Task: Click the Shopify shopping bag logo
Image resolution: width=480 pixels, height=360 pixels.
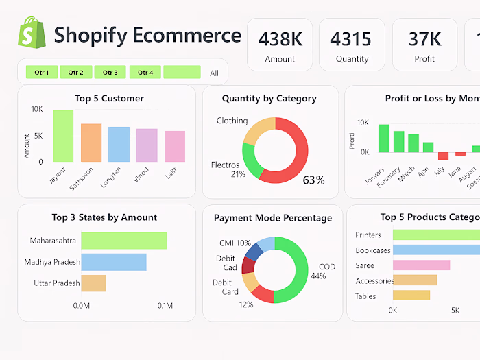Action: click(32, 34)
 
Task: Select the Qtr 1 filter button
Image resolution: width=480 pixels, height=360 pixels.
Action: click(41, 72)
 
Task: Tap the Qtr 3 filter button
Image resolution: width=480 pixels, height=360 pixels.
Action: click(110, 72)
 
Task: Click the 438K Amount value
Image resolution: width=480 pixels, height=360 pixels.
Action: click(280, 39)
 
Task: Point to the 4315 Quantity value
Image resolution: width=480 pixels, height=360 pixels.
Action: click(350, 39)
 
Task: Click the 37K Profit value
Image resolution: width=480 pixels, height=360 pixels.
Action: click(424, 39)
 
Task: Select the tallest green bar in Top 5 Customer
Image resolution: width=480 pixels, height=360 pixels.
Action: click(63, 136)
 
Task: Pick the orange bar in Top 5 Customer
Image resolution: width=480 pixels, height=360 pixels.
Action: click(91, 143)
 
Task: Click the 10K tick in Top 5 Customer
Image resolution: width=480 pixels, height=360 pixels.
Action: click(37, 109)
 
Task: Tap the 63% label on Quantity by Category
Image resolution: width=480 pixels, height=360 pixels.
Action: click(313, 180)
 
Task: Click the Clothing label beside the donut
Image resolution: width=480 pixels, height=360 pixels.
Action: click(232, 121)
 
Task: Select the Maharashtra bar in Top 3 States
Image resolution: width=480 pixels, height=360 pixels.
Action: click(123, 241)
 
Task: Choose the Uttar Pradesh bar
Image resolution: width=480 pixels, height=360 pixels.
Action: click(93, 283)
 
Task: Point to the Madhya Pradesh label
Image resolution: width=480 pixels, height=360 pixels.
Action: click(52, 262)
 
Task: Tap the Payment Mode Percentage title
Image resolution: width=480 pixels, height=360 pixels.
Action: click(272, 218)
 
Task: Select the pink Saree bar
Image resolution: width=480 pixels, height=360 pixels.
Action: click(421, 265)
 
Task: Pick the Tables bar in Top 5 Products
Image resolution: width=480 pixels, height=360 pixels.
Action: click(411, 296)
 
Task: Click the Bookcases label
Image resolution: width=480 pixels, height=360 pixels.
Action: click(373, 250)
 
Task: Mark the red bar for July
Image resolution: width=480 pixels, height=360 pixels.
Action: click(443, 156)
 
